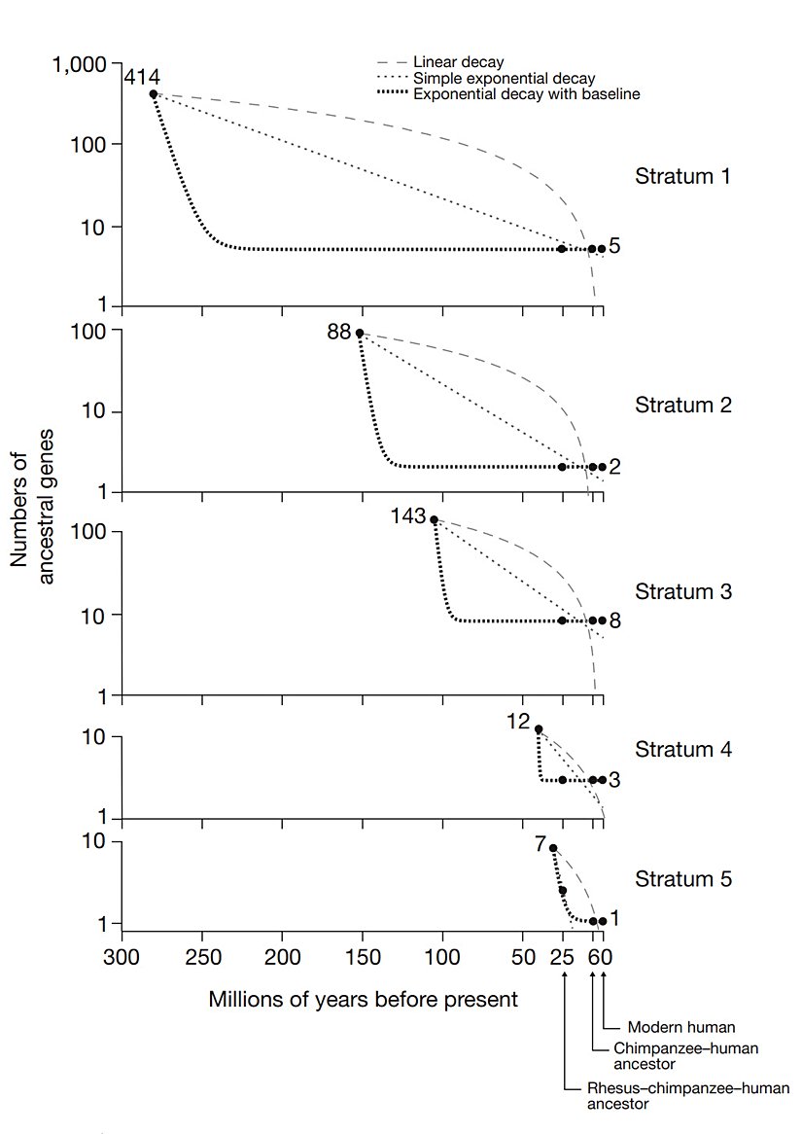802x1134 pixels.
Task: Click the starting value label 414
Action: point(141,77)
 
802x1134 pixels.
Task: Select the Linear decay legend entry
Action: point(458,62)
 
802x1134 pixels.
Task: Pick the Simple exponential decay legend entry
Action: point(504,78)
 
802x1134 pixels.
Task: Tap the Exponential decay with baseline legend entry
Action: point(525,93)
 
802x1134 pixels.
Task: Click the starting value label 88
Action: point(338,333)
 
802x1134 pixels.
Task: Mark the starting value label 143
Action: point(408,517)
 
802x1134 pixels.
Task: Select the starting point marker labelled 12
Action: point(539,729)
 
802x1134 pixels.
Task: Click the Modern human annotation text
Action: point(680,1026)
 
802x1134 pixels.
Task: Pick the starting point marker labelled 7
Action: point(553,848)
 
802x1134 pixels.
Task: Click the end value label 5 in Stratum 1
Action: point(614,247)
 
